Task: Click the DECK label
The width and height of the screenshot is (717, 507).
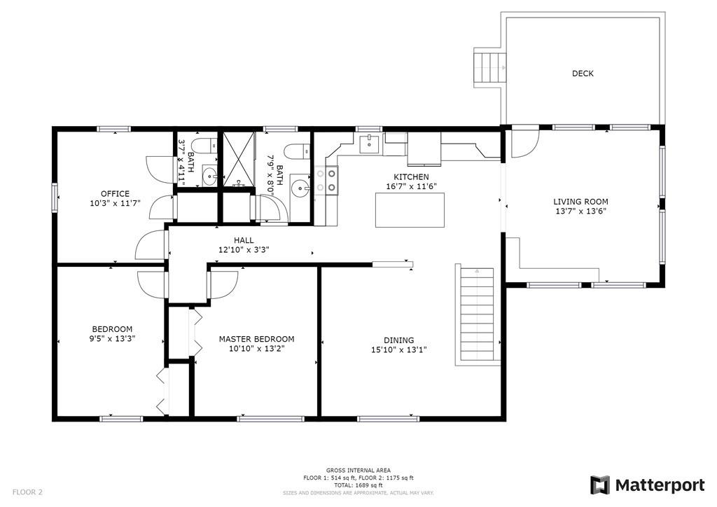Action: coord(583,73)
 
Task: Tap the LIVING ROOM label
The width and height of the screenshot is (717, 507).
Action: coord(580,202)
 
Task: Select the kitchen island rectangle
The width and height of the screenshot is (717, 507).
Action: coord(410,210)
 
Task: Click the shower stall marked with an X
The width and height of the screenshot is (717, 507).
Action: coord(238,159)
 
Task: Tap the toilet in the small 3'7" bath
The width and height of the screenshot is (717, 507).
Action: coord(204,146)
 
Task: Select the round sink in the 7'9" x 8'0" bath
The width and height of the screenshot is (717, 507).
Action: coord(300,186)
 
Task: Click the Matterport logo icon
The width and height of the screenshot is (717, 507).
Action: coord(600,485)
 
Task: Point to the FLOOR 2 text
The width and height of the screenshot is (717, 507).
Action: coord(27,492)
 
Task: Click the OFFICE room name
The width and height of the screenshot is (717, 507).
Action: coord(116,193)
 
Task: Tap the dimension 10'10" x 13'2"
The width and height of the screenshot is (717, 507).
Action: coord(256,349)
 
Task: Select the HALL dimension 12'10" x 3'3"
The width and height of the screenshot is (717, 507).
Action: coord(244,249)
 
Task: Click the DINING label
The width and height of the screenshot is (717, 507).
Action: coord(398,340)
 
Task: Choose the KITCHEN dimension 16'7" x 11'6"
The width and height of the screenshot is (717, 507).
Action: coord(412,186)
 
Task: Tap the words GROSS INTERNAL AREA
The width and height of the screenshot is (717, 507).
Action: coord(358,471)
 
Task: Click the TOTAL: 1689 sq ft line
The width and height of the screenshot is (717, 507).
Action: coord(358,485)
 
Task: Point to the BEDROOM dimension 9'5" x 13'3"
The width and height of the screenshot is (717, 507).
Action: coord(113,339)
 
